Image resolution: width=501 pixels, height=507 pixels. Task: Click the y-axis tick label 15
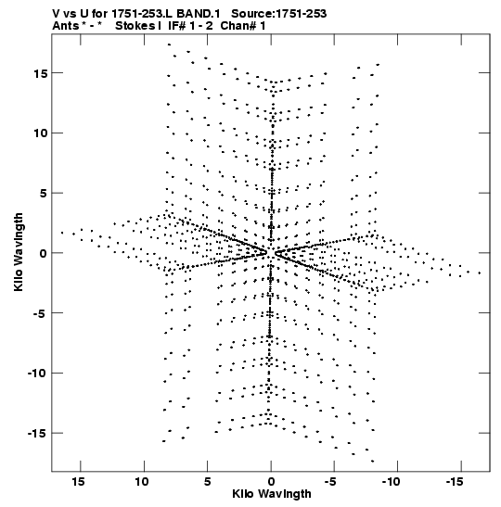point(41,73)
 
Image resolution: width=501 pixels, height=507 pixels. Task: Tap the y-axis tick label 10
point(41,133)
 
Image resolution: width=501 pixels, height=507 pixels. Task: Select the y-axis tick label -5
point(39,313)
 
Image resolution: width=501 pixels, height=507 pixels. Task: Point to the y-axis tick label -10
point(37,374)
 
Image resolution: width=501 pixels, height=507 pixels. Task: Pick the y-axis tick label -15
point(37,433)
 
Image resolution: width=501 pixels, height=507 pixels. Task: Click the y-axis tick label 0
point(44,253)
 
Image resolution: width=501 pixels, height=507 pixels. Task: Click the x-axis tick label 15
point(78,482)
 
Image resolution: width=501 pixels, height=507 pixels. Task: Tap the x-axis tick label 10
point(142,482)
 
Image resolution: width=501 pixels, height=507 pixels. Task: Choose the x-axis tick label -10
point(391,482)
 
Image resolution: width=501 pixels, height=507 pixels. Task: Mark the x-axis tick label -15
point(454,482)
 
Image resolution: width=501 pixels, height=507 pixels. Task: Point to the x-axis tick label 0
point(271,482)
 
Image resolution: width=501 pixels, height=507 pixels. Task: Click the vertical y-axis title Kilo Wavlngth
point(19,252)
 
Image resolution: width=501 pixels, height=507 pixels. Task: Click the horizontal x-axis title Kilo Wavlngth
point(272,494)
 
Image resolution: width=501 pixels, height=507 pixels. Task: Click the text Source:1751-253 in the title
point(279,14)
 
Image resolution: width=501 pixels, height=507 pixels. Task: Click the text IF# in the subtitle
point(176,26)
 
